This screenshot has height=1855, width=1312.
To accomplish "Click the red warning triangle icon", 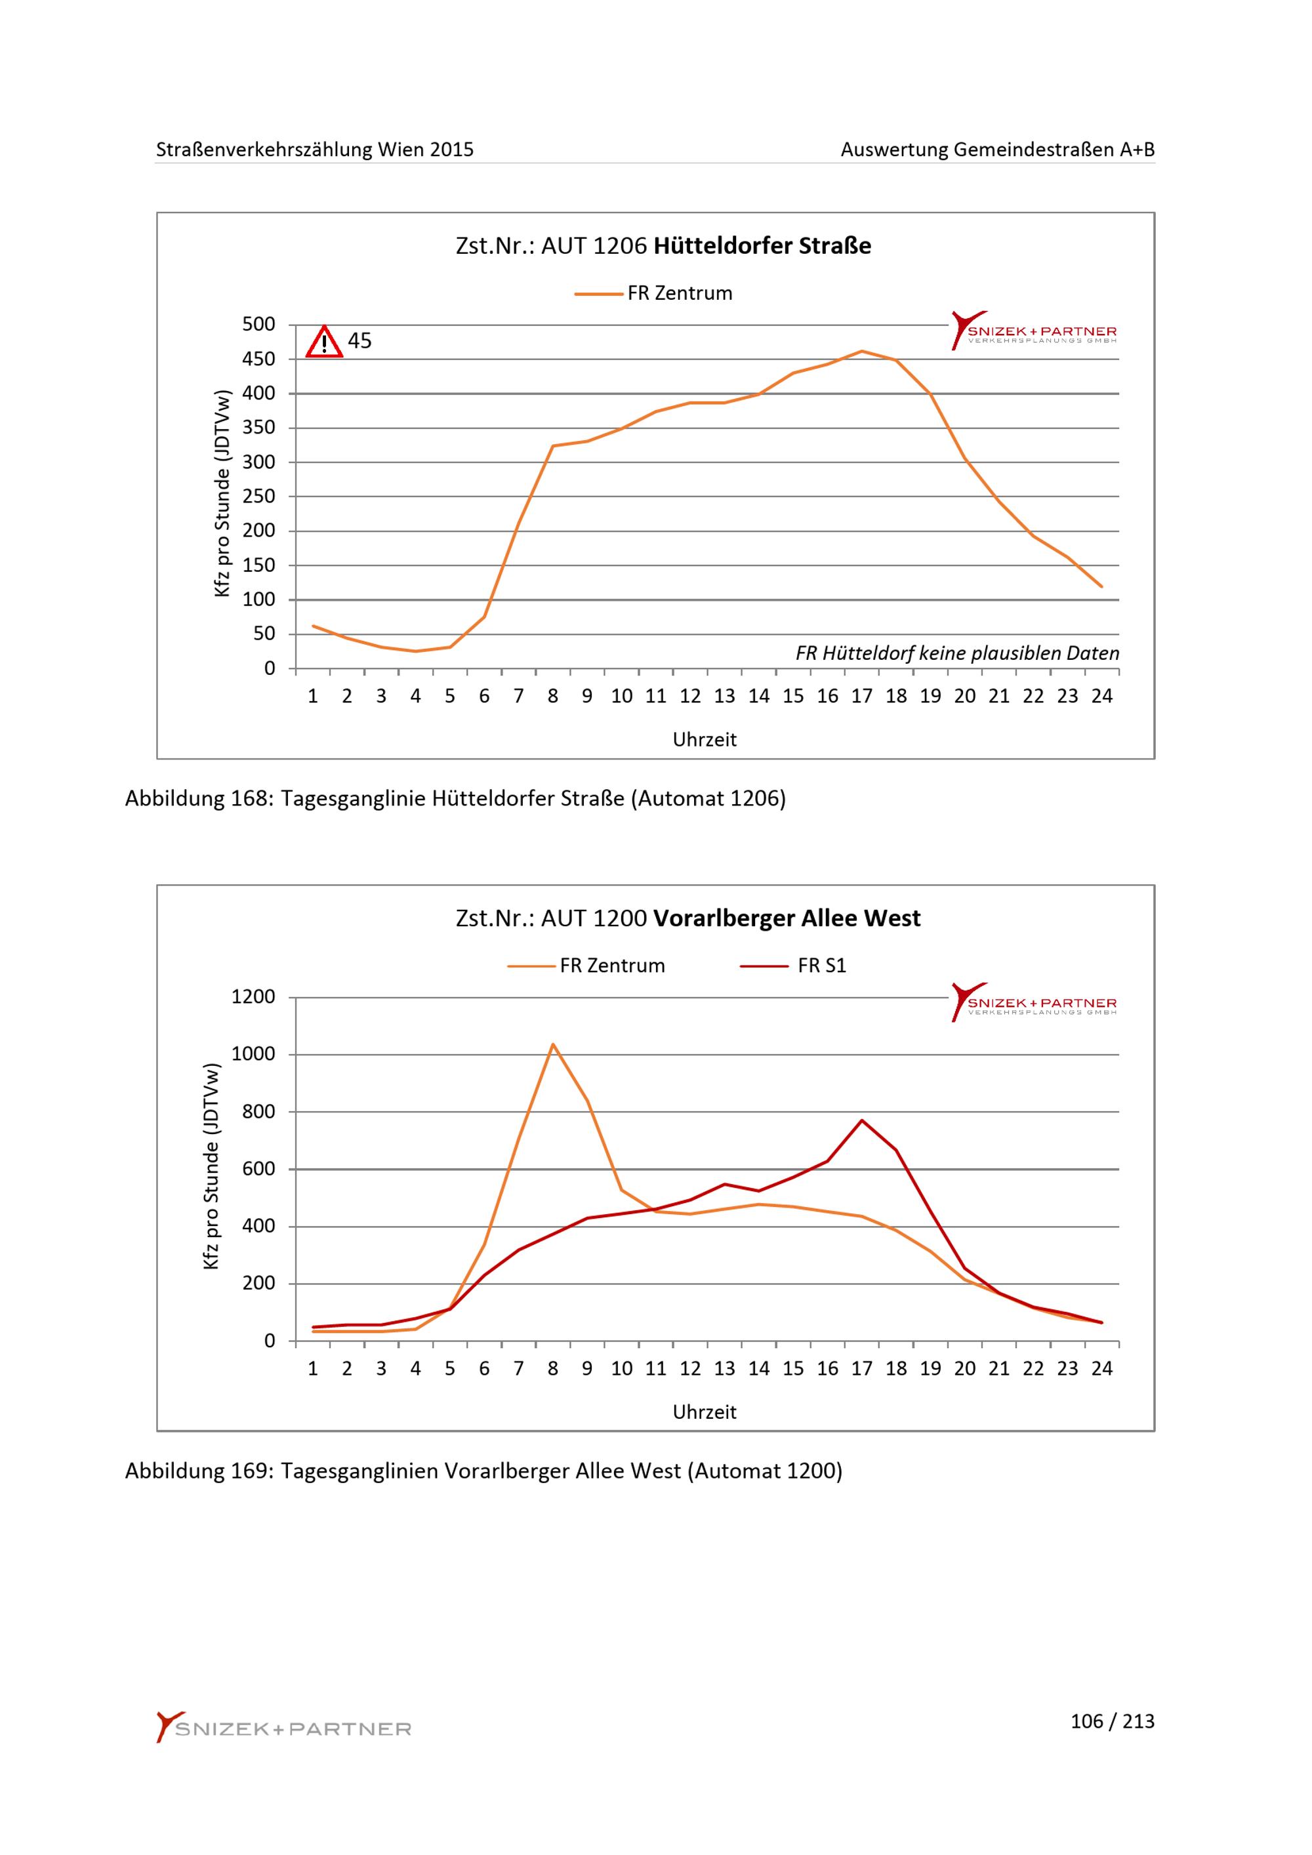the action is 324,342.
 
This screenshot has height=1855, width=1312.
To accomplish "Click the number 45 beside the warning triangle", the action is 359,341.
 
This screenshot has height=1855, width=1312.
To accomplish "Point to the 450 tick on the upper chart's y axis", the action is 258,359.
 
